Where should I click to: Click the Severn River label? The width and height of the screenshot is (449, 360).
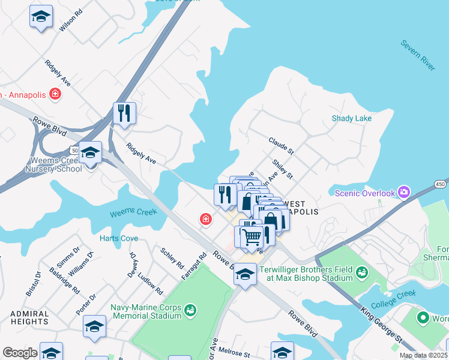pos(418,56)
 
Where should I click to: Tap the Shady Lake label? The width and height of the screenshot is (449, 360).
pos(352,119)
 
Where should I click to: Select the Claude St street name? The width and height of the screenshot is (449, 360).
pos(280,146)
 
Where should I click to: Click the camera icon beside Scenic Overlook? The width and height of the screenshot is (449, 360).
pos(404,193)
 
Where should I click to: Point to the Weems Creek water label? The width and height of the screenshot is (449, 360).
pos(133,212)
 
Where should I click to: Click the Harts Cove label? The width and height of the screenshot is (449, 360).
pos(119,238)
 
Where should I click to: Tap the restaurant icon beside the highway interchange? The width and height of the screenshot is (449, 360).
pos(124,113)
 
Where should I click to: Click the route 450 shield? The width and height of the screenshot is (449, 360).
pos(441,184)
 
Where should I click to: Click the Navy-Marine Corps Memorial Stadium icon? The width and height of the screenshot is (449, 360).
pos(190,310)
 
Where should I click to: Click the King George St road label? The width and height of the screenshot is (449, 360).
pos(382,326)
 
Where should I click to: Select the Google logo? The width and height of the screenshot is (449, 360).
pos(20,353)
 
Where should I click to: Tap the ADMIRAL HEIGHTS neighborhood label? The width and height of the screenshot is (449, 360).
pos(29,318)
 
